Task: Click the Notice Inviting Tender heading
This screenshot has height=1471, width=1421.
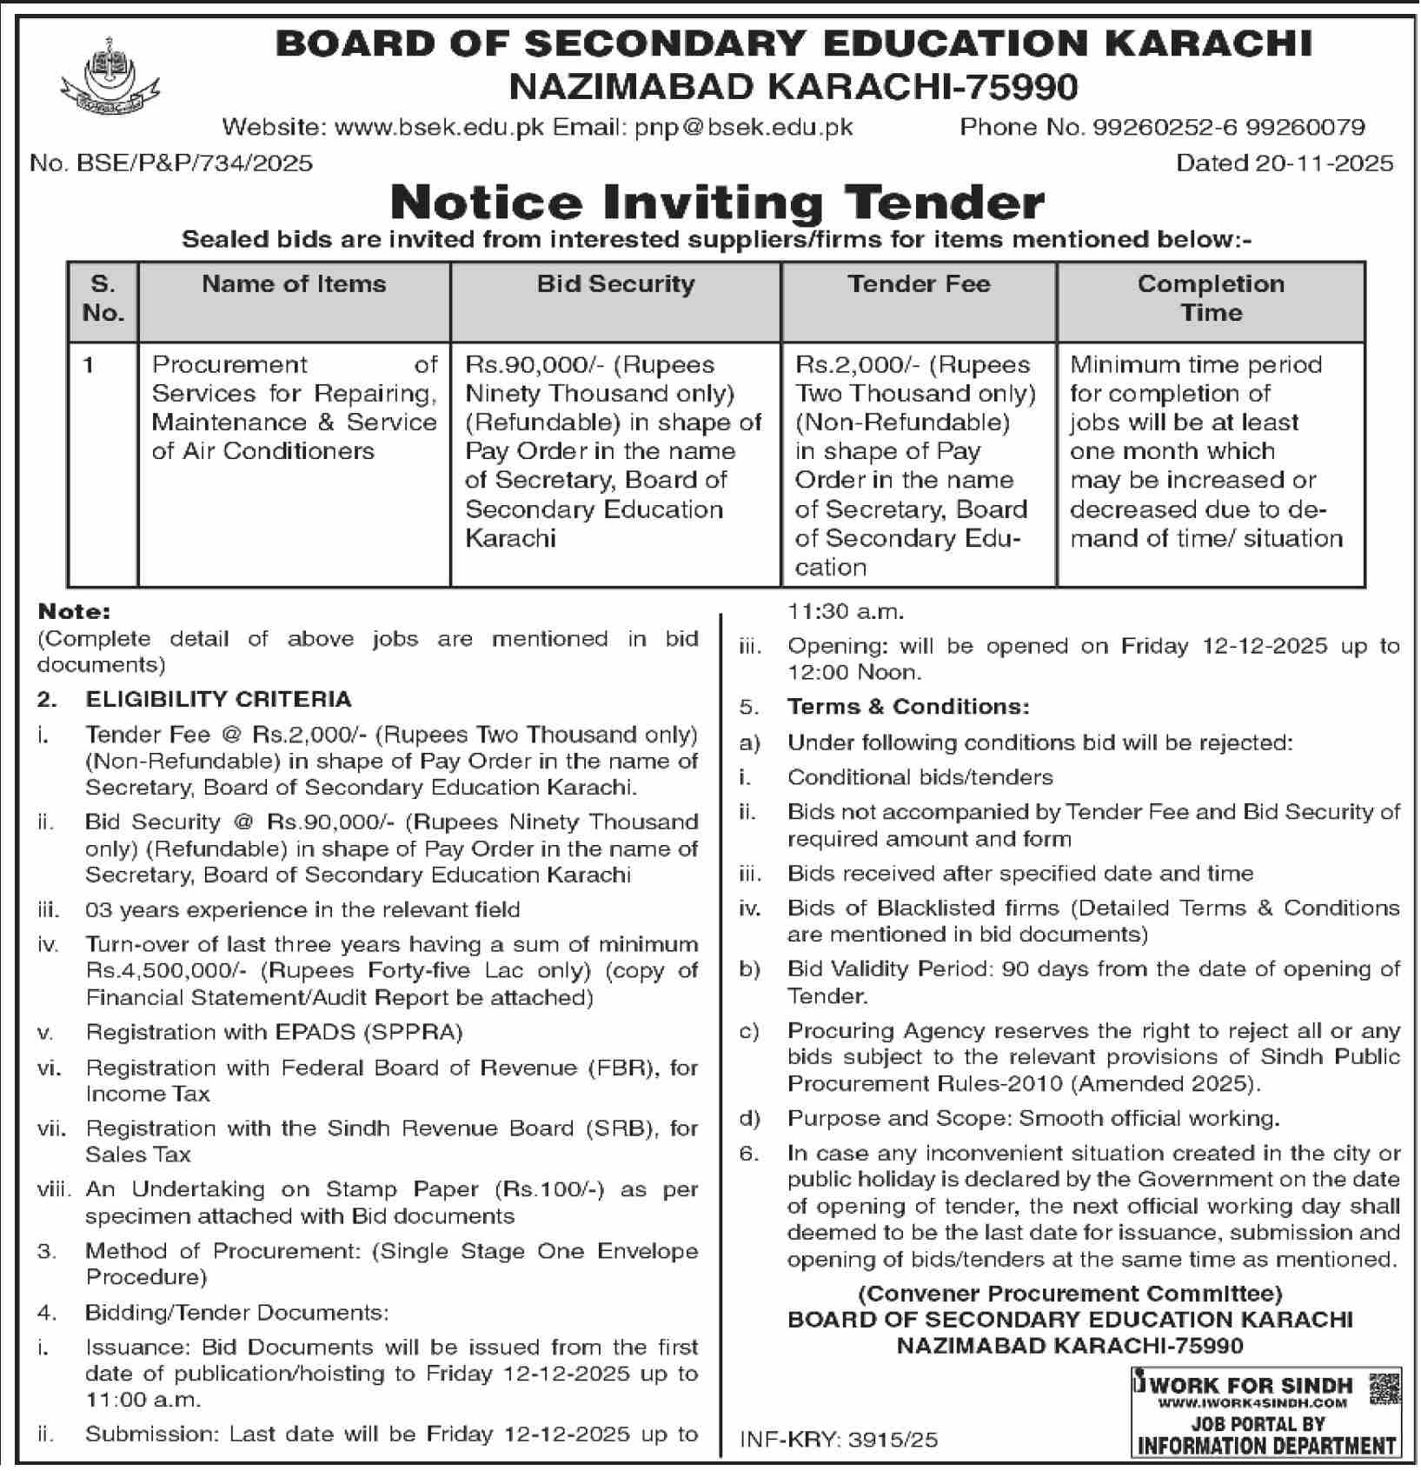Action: (716, 202)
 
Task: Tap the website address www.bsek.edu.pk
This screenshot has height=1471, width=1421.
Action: (439, 127)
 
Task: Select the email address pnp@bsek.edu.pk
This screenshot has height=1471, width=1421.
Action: (743, 127)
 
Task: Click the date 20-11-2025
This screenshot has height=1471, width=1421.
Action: (1324, 163)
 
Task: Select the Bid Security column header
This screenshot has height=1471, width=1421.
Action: (615, 284)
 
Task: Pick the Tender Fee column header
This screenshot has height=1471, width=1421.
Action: (919, 284)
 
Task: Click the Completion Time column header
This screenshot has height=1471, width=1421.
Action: (1211, 298)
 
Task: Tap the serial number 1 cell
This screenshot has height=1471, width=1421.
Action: (89, 365)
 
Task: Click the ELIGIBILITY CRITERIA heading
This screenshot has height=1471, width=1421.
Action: (218, 699)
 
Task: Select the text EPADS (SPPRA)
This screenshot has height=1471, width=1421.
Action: (369, 1032)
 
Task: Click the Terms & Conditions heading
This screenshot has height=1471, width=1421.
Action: (908, 706)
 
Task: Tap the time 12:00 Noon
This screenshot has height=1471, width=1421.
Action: (853, 672)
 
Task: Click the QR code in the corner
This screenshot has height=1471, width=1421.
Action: (1384, 1388)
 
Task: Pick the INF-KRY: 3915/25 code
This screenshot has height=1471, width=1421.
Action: (839, 1439)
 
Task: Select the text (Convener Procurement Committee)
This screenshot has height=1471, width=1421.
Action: (1070, 1294)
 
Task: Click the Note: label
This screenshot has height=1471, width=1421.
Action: (74, 611)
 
